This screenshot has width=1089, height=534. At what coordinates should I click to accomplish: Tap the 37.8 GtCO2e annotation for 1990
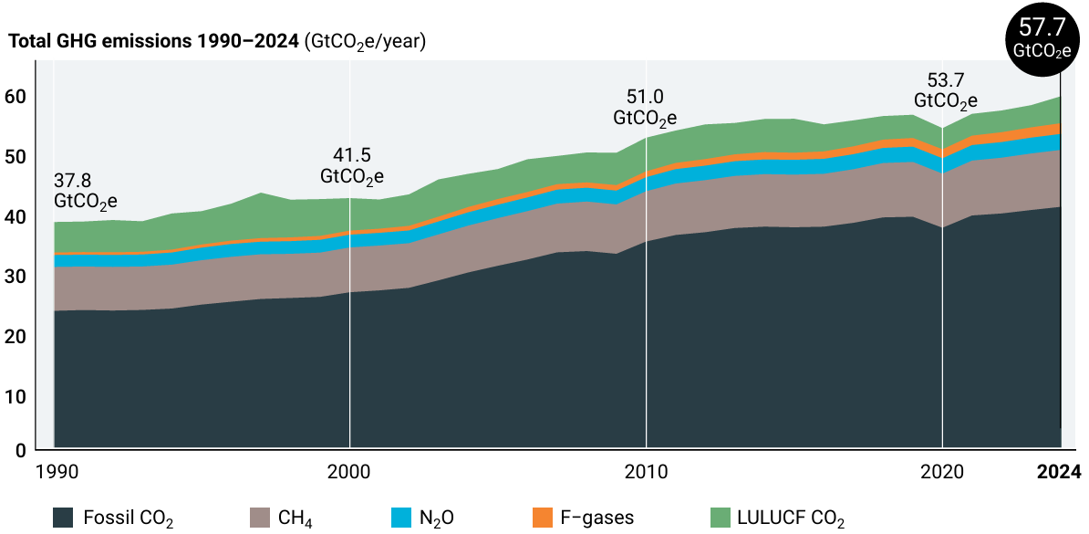click(86, 190)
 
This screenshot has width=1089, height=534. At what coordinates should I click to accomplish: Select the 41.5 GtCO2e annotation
click(352, 165)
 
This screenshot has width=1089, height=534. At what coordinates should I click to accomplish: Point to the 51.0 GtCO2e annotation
click(645, 108)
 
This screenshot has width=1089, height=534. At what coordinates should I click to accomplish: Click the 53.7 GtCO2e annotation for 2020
click(946, 90)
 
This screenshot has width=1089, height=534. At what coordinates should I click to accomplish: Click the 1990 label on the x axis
click(55, 472)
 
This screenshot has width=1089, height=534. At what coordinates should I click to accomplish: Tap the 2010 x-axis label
click(646, 472)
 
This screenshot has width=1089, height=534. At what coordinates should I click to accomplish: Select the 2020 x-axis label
click(942, 472)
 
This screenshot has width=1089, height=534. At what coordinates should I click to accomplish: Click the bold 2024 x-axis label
click(1059, 472)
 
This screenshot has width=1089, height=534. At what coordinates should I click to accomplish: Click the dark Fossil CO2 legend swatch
click(64, 518)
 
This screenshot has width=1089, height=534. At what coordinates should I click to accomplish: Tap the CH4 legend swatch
click(261, 518)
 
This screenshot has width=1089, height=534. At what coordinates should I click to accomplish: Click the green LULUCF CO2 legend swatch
click(721, 518)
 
